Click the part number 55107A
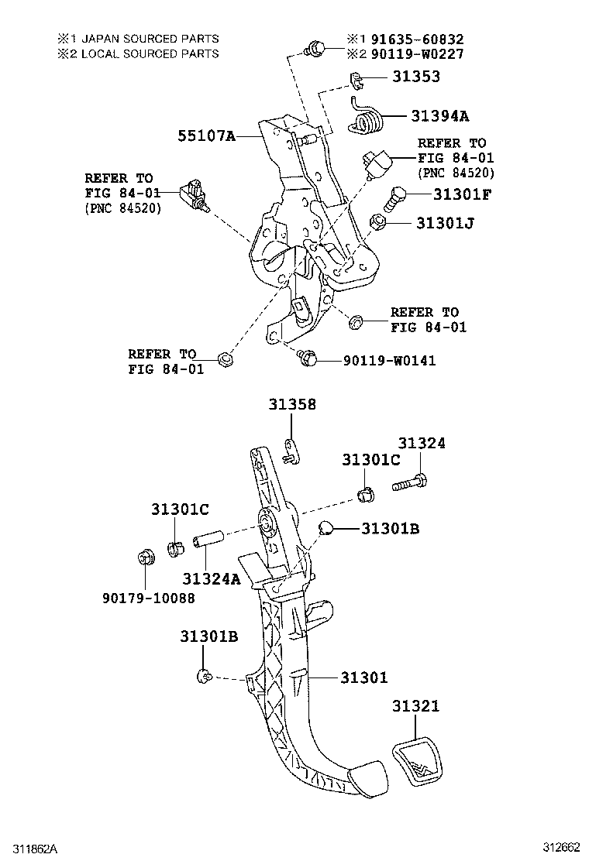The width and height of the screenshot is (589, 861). pos(206,136)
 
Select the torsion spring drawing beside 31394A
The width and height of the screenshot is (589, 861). pos(369,118)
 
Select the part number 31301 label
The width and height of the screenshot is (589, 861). pos(363,677)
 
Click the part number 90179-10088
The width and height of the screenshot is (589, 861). pos(148,598)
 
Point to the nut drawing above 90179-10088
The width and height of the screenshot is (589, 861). pos(144,557)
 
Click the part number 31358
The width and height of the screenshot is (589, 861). pos(292,404)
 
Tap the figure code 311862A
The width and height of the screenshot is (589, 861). pos(33,849)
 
